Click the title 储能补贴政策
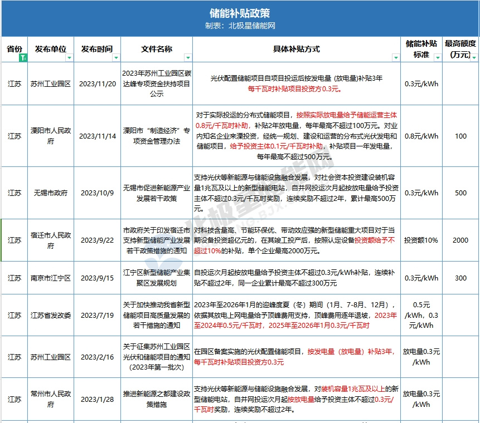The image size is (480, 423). [240, 13]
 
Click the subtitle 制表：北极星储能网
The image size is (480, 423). [240, 26]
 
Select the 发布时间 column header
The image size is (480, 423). [98, 49]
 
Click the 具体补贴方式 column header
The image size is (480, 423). [296, 49]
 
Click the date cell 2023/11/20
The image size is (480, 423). [98, 83]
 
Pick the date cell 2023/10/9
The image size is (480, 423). [98, 193]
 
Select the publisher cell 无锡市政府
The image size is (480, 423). [51, 193]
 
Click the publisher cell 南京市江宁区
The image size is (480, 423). [51, 278]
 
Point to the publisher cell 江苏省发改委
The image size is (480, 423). [51, 315]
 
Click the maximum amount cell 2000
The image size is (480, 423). [460, 240]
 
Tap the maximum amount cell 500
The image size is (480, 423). [460, 193]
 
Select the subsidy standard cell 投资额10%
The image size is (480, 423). [421, 240]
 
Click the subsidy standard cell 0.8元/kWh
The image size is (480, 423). [421, 136]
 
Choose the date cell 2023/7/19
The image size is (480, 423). [98, 315]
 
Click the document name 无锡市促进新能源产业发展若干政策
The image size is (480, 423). [157, 193]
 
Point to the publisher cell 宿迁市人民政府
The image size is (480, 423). [51, 240]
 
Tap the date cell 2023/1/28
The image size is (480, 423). [98, 399]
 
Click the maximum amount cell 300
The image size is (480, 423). [460, 278]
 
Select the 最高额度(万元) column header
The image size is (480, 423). [460, 49]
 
